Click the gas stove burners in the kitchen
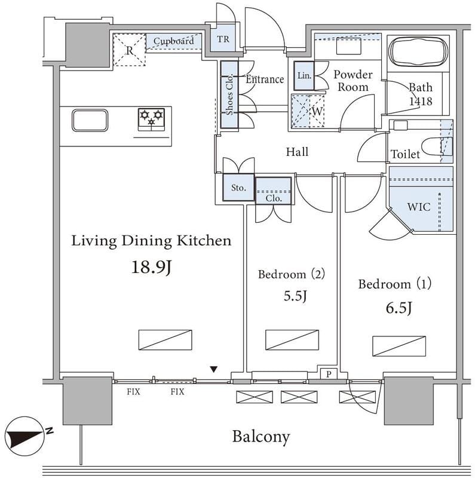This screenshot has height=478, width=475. click(x=152, y=119)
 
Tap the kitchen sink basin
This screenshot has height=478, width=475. click(x=90, y=121)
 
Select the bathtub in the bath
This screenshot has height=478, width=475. click(x=418, y=53)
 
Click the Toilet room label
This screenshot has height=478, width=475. click(x=405, y=154)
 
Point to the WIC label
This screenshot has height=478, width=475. click(x=419, y=207)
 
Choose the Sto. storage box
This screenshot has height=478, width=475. click(x=238, y=188)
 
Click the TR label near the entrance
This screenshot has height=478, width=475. click(x=223, y=39)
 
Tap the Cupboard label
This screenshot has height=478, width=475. click(x=173, y=41)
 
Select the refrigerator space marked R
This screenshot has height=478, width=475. click(x=129, y=50)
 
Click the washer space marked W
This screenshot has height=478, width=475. click(x=308, y=111)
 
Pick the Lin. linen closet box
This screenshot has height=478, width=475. click(x=304, y=76)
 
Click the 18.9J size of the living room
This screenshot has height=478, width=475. click(x=152, y=268)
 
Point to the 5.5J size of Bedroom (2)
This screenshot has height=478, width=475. click(x=295, y=296)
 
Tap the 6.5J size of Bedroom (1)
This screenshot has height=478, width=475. click(x=399, y=308)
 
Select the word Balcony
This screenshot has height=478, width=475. click(x=261, y=437)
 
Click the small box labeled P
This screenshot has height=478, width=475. click(x=329, y=374)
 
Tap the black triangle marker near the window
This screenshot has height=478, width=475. click(x=214, y=369)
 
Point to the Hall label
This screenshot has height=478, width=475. click(x=297, y=152)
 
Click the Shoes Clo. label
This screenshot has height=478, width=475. click(x=229, y=94)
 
